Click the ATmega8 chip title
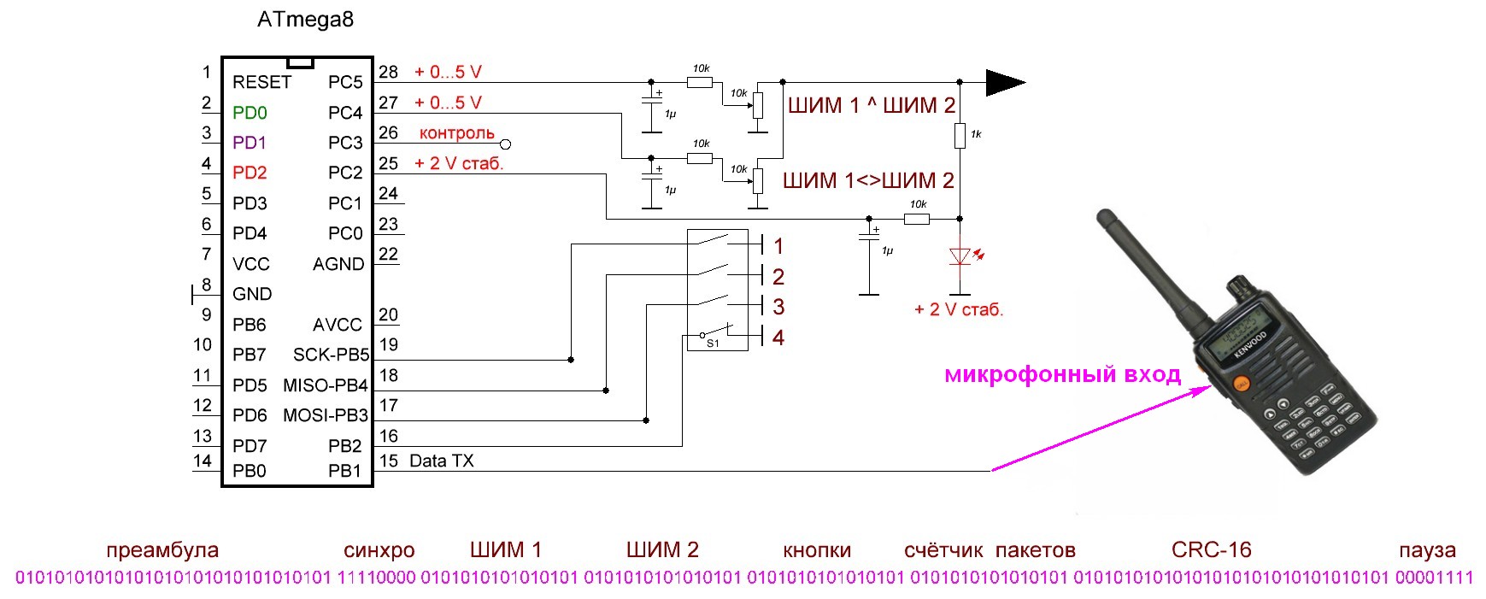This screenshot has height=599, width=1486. click(x=305, y=20)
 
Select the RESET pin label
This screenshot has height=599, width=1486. click(x=261, y=82)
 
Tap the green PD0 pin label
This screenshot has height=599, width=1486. click(x=250, y=113)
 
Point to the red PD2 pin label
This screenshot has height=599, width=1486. click(x=250, y=173)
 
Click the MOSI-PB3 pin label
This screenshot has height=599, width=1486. click(x=326, y=415)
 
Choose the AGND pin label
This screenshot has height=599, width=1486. click(x=338, y=264)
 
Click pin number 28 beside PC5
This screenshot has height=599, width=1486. click(x=389, y=72)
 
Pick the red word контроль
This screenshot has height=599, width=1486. click(x=457, y=133)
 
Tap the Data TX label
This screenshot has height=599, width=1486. click(x=442, y=461)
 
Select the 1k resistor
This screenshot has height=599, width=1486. click(x=960, y=136)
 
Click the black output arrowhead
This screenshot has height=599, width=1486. click(x=1005, y=82)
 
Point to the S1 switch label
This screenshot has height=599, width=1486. click(x=713, y=344)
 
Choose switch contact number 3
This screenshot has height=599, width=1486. click(x=778, y=307)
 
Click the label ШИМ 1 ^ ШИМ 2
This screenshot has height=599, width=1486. click(x=872, y=106)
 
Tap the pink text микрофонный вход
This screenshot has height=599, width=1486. click(x=1063, y=374)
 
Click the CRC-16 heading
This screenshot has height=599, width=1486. click(x=1212, y=549)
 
